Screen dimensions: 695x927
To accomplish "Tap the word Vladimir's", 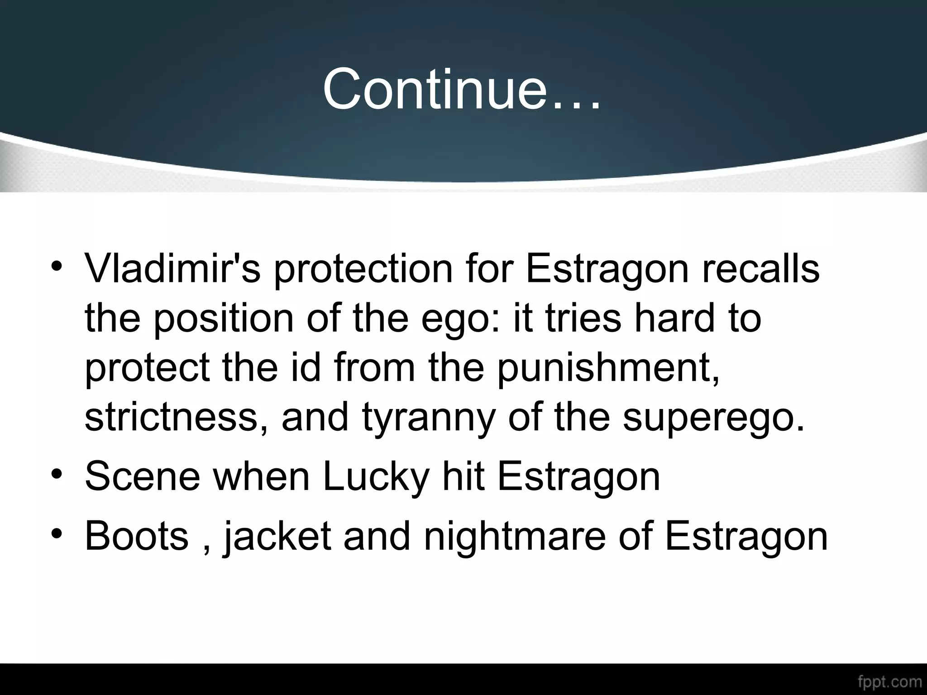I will click(x=172, y=268).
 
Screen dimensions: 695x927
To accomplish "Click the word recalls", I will click(x=761, y=268).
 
